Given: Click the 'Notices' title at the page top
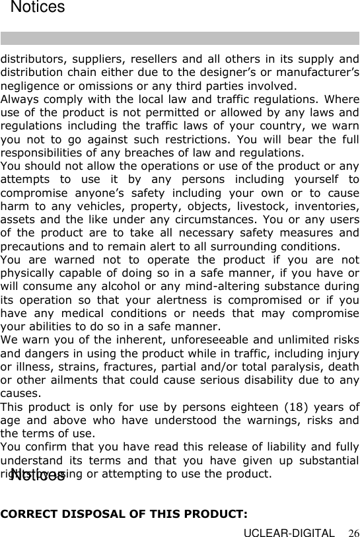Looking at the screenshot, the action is (38, 8).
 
